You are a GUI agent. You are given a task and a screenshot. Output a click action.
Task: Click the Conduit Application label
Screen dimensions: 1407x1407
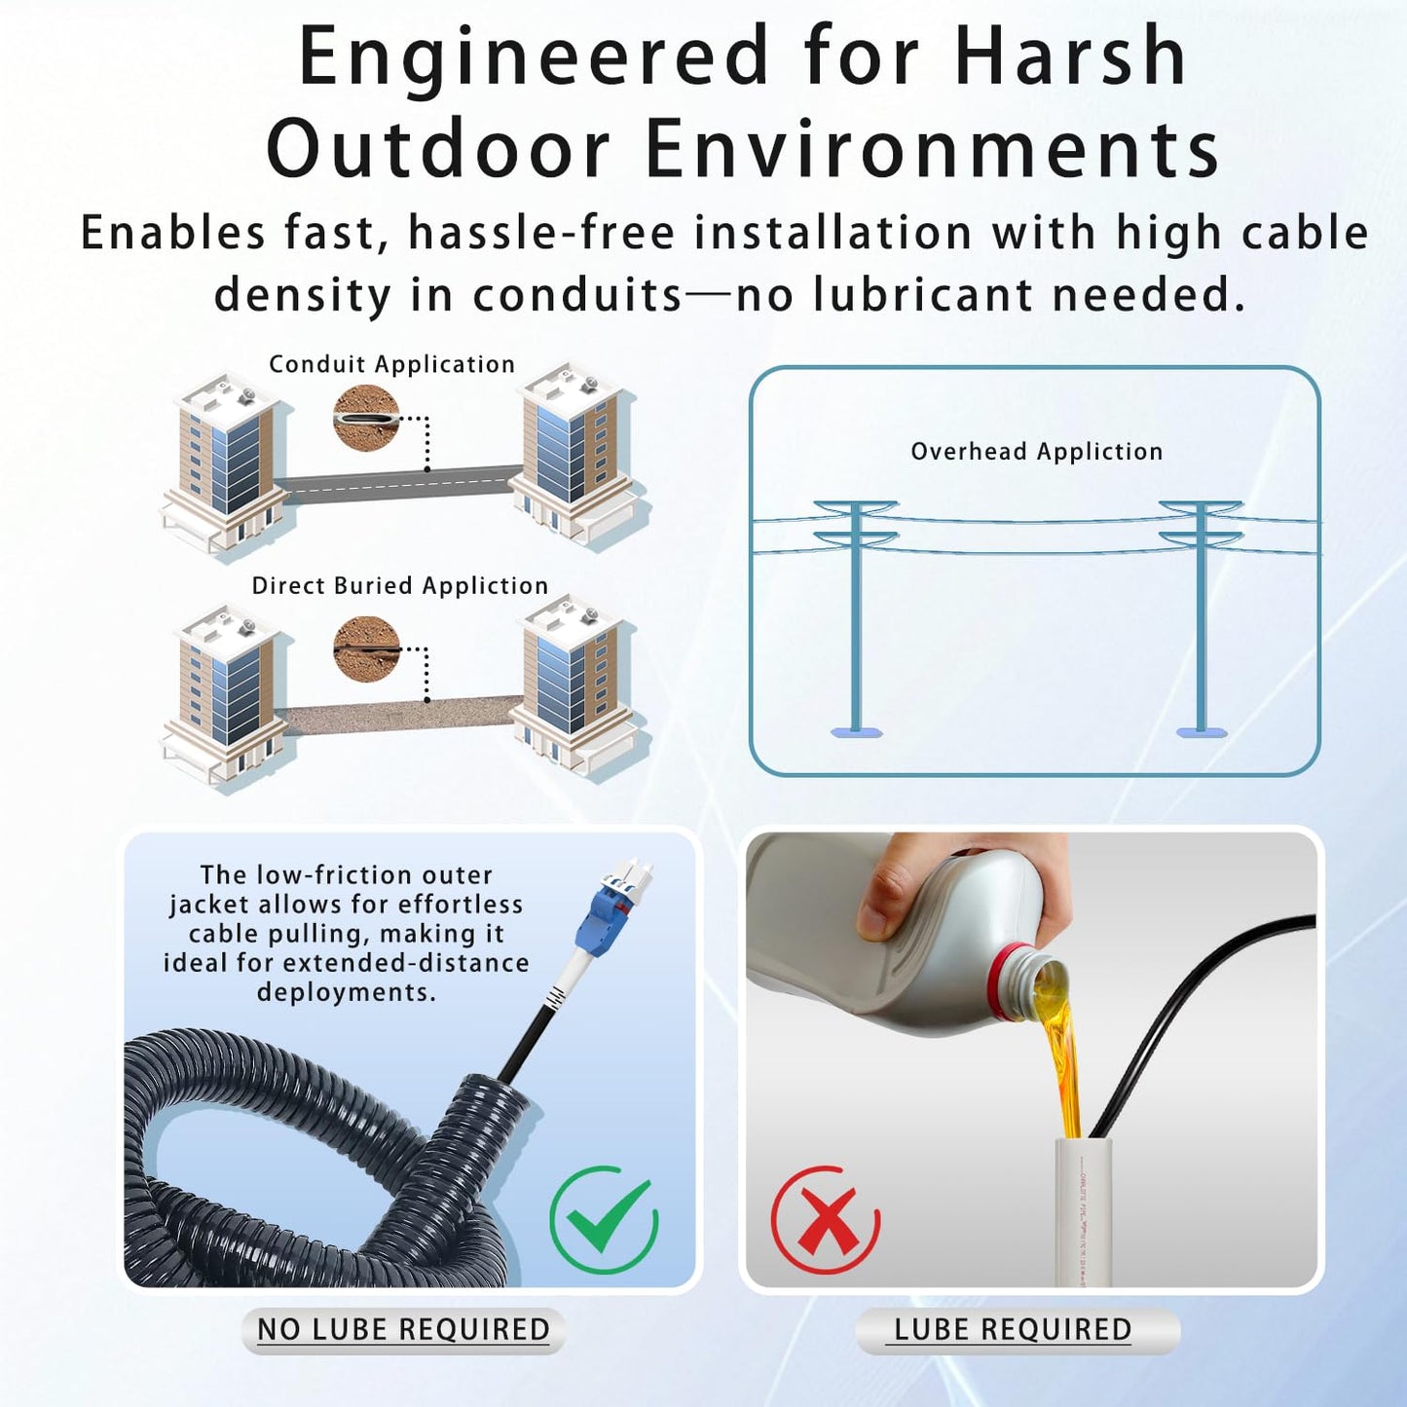click(x=391, y=364)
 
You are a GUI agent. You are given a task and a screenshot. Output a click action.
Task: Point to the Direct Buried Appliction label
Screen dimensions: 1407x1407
click(x=399, y=585)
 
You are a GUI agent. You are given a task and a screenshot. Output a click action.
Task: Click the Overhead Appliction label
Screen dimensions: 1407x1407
click(x=1036, y=452)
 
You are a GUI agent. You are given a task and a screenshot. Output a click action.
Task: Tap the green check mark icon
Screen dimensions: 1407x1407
click(x=604, y=1219)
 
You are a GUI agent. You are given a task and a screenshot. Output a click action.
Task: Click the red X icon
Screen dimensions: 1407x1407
click(x=826, y=1219)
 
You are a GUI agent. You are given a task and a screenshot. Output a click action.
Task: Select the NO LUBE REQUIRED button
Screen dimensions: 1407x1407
click(x=403, y=1330)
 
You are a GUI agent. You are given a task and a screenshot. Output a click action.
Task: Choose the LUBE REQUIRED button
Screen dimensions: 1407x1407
click(x=1013, y=1330)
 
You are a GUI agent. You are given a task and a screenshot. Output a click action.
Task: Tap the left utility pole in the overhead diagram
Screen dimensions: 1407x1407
click(x=856, y=613)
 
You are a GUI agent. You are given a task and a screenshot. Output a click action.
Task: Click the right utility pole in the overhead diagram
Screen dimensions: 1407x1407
click(x=1202, y=613)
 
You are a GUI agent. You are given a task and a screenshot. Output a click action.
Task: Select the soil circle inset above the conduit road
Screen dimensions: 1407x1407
click(x=366, y=418)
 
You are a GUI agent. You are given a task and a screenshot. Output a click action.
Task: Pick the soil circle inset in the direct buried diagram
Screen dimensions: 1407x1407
click(x=366, y=648)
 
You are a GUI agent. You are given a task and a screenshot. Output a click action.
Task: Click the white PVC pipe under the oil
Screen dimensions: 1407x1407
click(x=1084, y=1212)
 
